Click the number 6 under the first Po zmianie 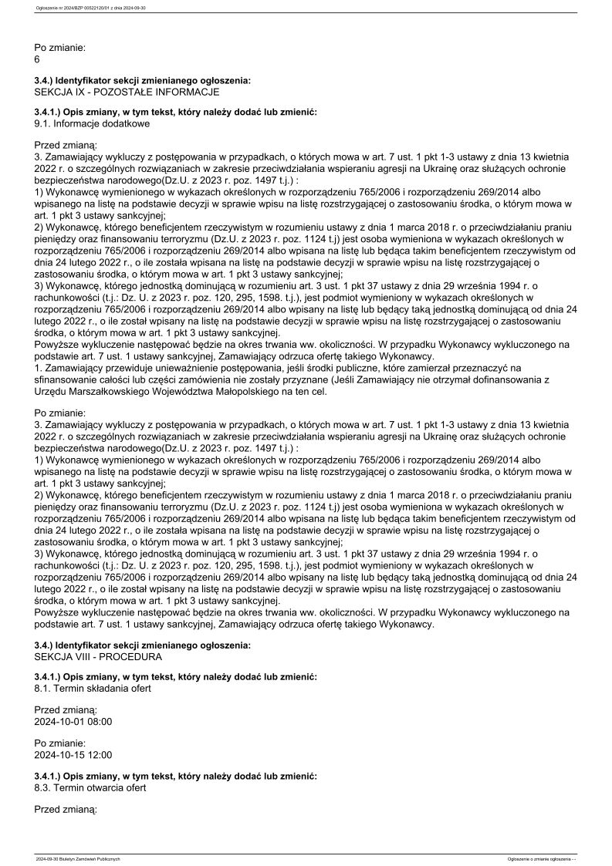pyautogui.click(x=37, y=59)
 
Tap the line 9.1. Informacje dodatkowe pyautogui.click(x=92, y=123)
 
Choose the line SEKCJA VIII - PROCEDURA pyautogui.click(x=98, y=656)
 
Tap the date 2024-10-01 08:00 pyautogui.click(x=73, y=722)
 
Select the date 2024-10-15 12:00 pyautogui.click(x=73, y=755)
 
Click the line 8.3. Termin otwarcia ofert pyautogui.click(x=90, y=787)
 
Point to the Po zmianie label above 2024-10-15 pyautogui.click(x=60, y=743)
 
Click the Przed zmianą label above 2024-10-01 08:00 pyautogui.click(x=66, y=709)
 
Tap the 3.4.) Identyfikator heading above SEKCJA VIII pyautogui.click(x=143, y=645)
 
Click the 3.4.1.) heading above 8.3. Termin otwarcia pyautogui.click(x=175, y=775)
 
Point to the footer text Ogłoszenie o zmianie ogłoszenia pyautogui.click(x=540, y=858)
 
